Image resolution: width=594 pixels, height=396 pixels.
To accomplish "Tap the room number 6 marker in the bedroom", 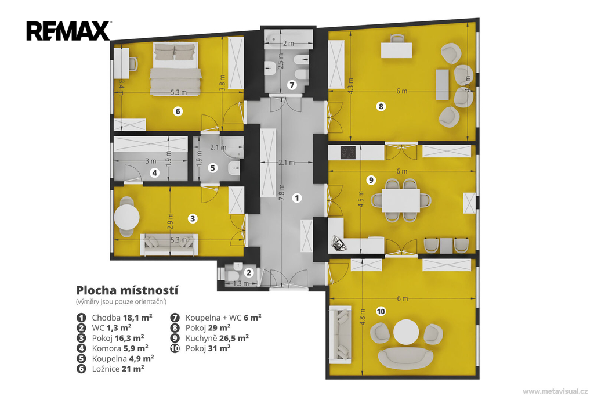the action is click(x=178, y=111).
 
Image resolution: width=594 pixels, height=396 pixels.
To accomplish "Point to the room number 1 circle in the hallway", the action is click(x=297, y=197).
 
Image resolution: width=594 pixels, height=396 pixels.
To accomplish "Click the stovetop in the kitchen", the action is click(x=348, y=153).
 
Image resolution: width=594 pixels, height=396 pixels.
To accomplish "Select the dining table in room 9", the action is click(x=401, y=200).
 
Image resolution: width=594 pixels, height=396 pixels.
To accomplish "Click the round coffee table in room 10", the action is click(x=405, y=332).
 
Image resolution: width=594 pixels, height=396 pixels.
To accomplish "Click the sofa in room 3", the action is click(x=169, y=244).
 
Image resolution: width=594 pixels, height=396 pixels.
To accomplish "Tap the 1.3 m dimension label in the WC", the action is click(x=241, y=283).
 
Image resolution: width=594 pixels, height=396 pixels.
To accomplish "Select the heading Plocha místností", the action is click(x=127, y=290).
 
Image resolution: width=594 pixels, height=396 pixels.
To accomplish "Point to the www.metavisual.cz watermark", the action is click(x=555, y=391).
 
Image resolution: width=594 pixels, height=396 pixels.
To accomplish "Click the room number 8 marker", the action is click(x=381, y=106).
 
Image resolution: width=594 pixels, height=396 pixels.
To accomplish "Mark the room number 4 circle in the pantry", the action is click(x=154, y=173).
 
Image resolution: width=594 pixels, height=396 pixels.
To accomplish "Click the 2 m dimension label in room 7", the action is click(x=288, y=43).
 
